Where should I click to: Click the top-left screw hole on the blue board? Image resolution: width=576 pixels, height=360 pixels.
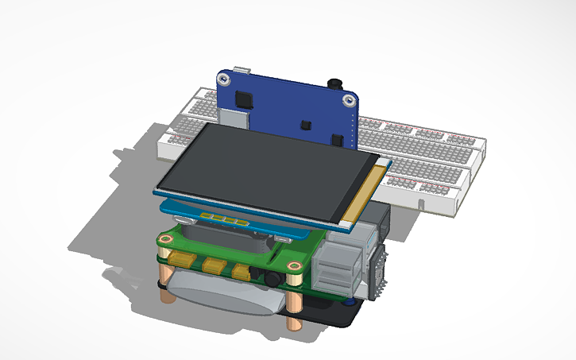[226, 80]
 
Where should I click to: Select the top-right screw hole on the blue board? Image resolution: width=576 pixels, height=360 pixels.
[347, 100]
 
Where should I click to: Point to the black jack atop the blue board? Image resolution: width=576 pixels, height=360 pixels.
[334, 83]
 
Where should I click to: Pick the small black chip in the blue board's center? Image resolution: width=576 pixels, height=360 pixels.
[304, 125]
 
